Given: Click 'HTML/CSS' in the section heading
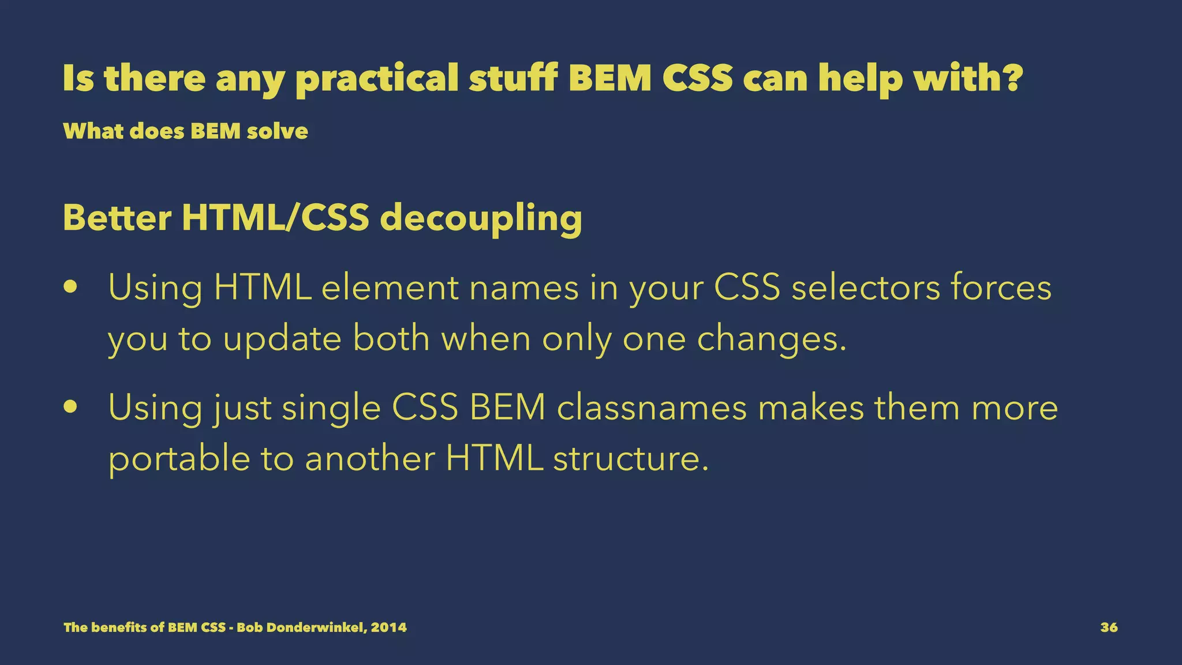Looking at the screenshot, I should point(275,218).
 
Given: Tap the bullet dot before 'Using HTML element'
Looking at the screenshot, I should point(71,287).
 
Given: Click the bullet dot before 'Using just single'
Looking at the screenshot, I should point(71,407).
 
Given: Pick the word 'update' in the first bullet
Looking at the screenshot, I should point(282,339).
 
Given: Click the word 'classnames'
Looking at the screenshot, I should point(652,407).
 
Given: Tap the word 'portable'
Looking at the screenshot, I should point(179,459).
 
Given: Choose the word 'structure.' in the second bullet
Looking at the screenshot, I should point(630,459).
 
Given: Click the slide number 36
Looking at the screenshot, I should point(1109,627).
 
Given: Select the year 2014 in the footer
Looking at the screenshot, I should point(388,627).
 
